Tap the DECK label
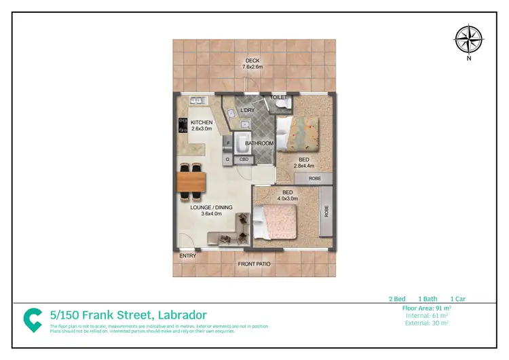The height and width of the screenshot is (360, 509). [x=252, y=60]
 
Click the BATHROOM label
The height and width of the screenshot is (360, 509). [x=259, y=143]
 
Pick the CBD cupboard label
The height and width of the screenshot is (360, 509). [x=242, y=159]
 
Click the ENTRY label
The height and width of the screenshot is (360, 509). [x=187, y=256]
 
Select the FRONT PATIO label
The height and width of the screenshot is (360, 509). [x=253, y=264]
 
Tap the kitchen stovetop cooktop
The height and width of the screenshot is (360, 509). [x=182, y=125]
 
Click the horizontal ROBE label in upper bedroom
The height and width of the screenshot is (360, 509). [x=315, y=178]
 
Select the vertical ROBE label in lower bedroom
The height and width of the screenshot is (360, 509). [x=326, y=211]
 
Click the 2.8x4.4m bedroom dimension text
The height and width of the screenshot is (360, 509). [x=303, y=165]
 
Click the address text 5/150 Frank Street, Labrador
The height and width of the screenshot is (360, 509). [x=128, y=314]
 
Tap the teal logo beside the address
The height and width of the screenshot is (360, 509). [x=33, y=319]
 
